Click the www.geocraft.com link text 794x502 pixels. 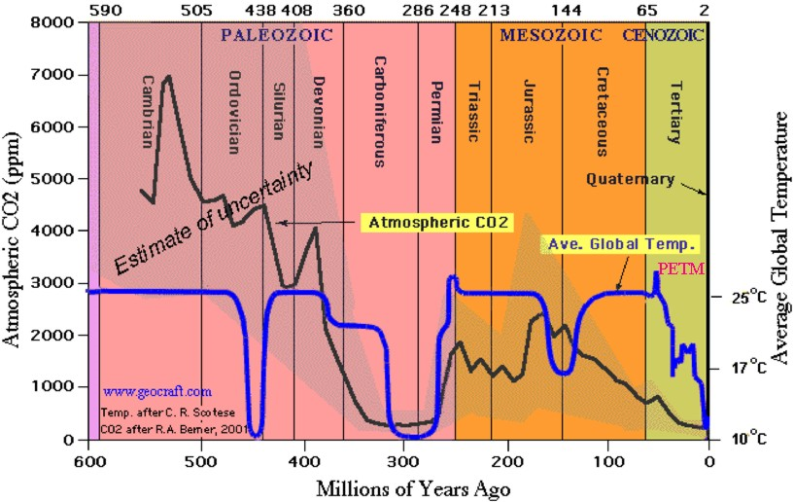[x=156, y=392]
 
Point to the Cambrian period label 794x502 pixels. [x=149, y=112]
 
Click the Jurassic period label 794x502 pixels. [x=530, y=111]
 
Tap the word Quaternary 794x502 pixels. [x=630, y=179]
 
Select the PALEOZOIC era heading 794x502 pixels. [x=276, y=35]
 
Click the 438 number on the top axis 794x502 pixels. [x=261, y=11]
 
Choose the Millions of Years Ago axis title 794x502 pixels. [x=399, y=485]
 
